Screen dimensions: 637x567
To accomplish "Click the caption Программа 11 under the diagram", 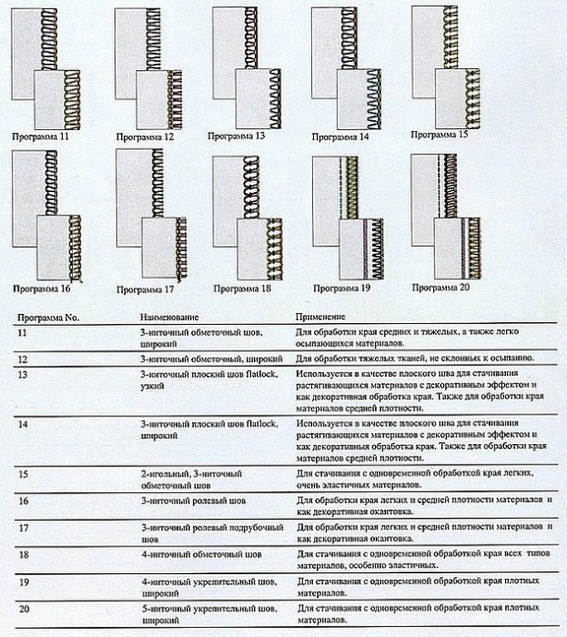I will [x=41, y=137].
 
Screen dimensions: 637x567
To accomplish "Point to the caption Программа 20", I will [x=441, y=287].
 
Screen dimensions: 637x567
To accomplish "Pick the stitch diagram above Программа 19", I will [x=345, y=217].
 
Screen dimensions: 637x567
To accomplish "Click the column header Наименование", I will [x=167, y=316].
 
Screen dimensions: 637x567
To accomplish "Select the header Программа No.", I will [x=48, y=316].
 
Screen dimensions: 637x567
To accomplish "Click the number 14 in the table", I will [x=22, y=424].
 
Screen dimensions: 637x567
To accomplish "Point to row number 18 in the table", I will [x=22, y=554].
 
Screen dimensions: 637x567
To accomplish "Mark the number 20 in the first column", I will [x=22, y=610].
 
